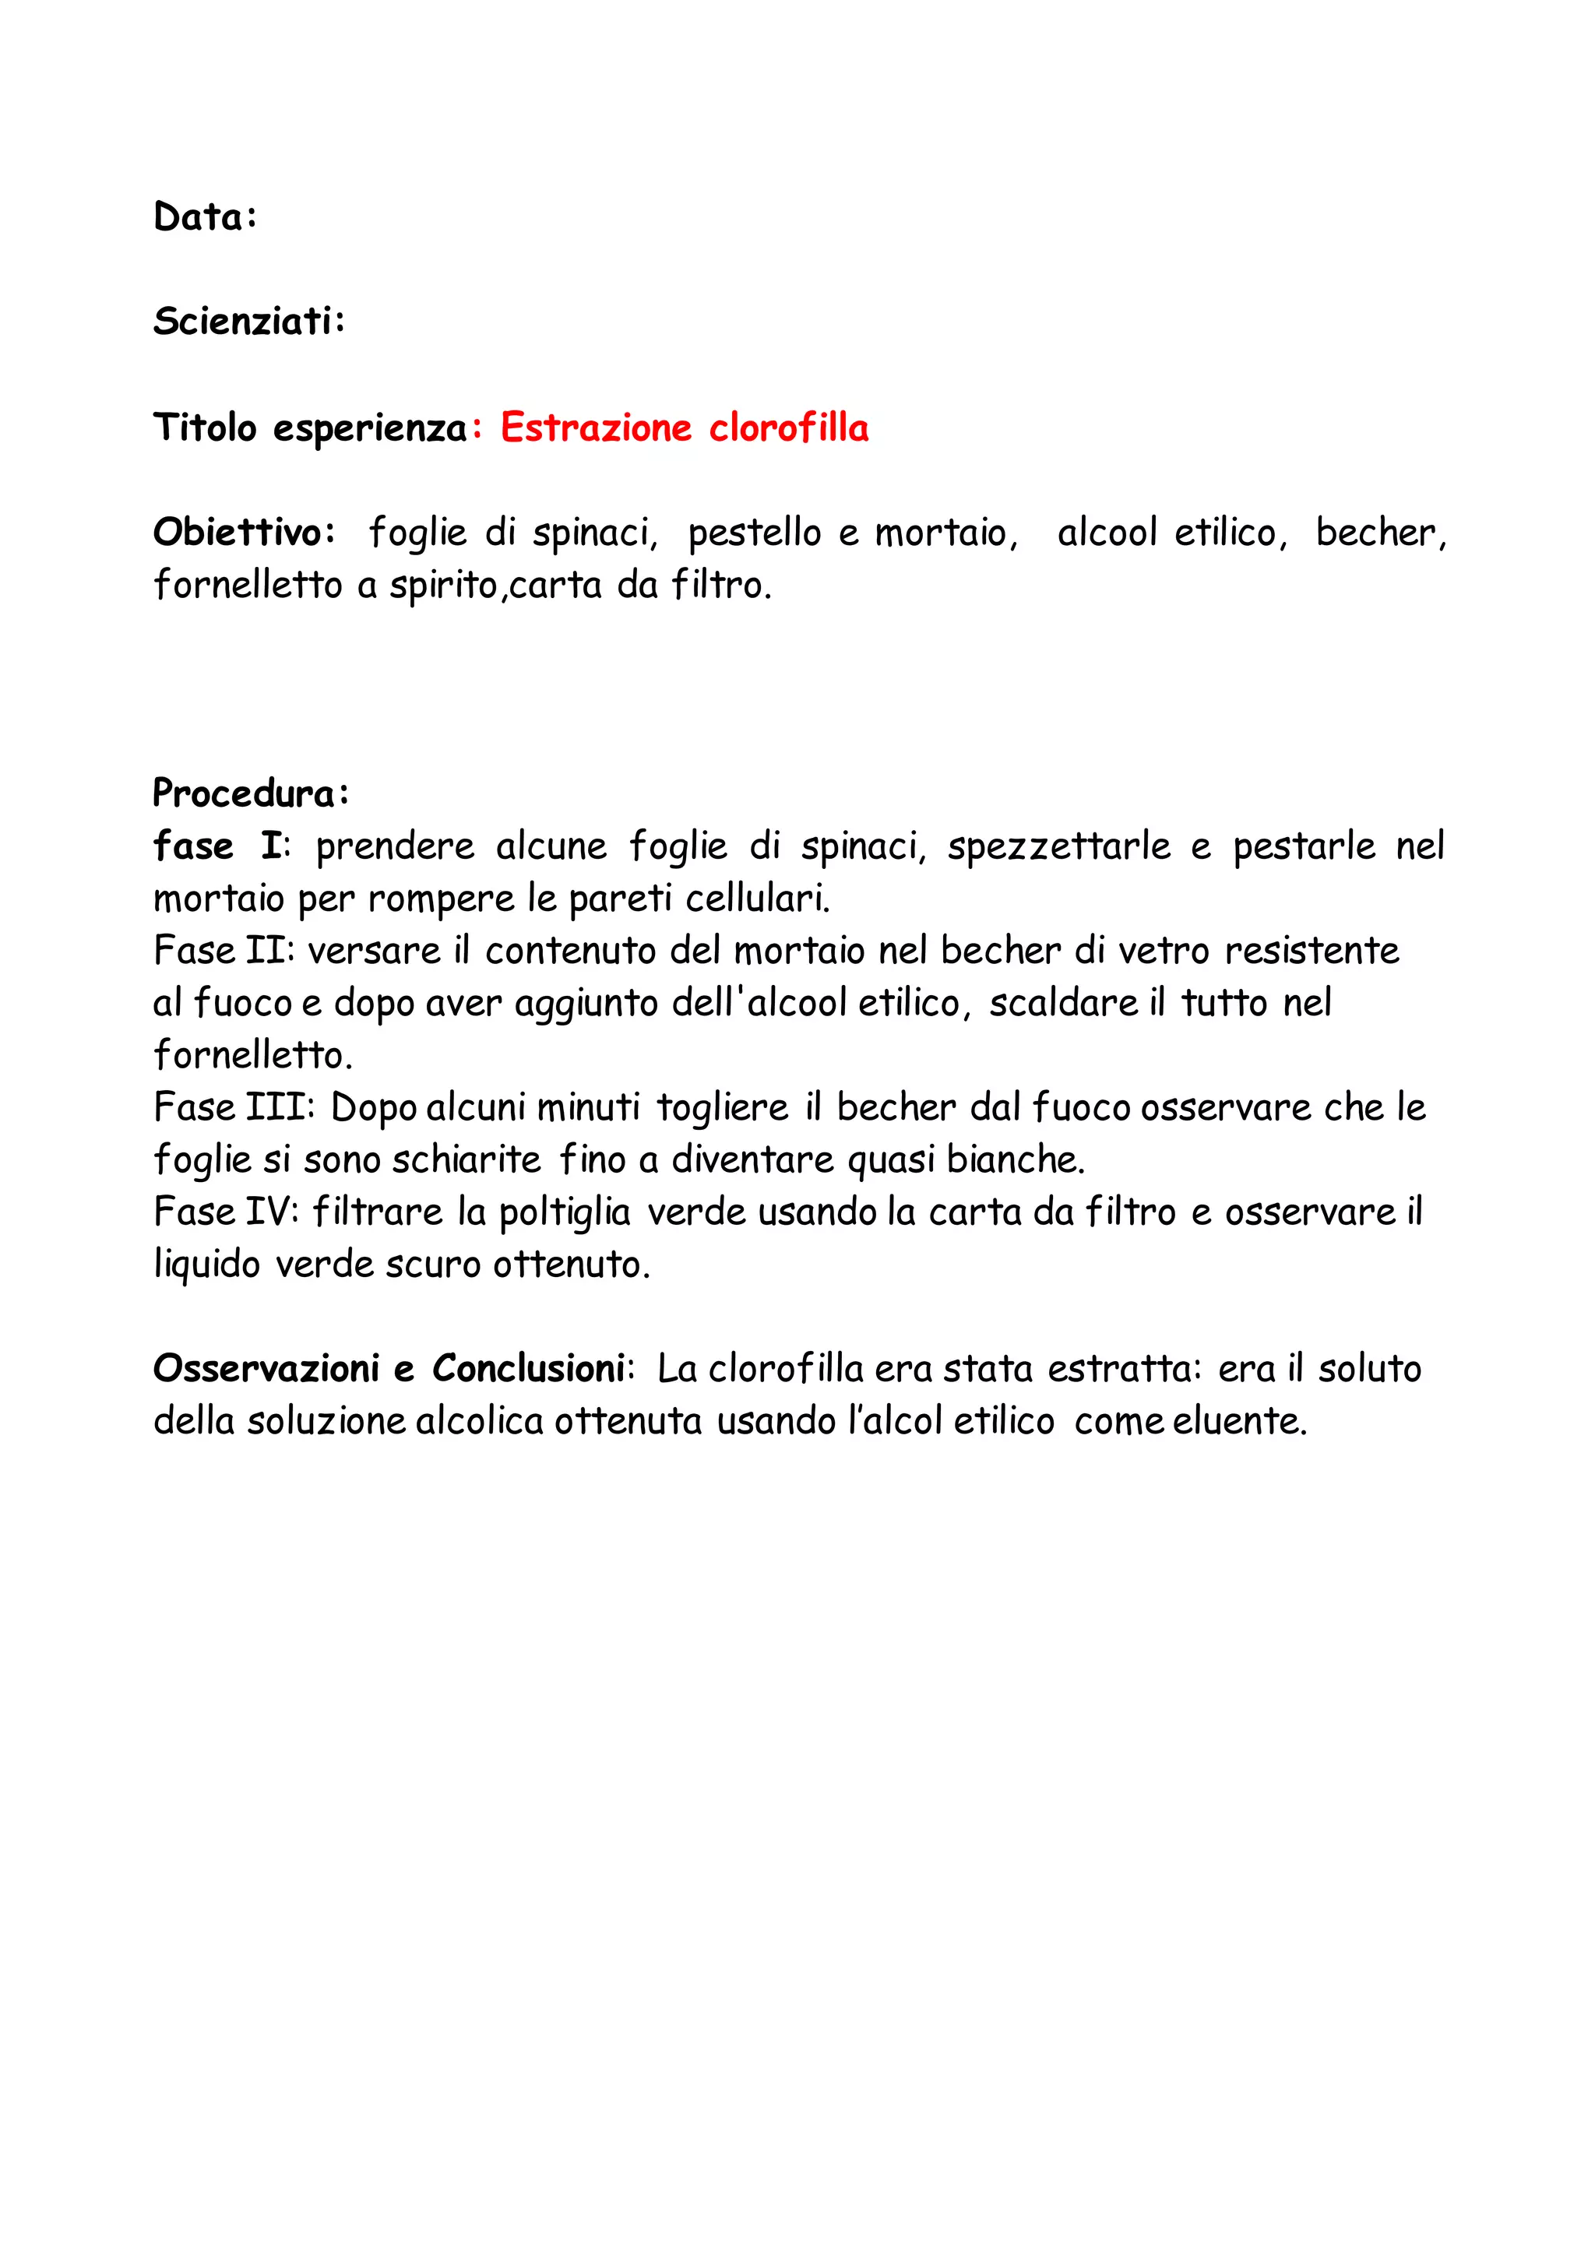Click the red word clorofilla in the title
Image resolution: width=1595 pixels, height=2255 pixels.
(x=789, y=427)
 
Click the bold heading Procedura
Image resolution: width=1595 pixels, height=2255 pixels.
(x=245, y=793)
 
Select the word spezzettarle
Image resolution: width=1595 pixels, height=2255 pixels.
(x=1058, y=846)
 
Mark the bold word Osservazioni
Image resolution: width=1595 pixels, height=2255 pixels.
(x=265, y=1368)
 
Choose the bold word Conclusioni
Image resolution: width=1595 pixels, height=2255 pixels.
(x=528, y=1368)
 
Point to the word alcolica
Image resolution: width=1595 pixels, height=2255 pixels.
(x=479, y=1420)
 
